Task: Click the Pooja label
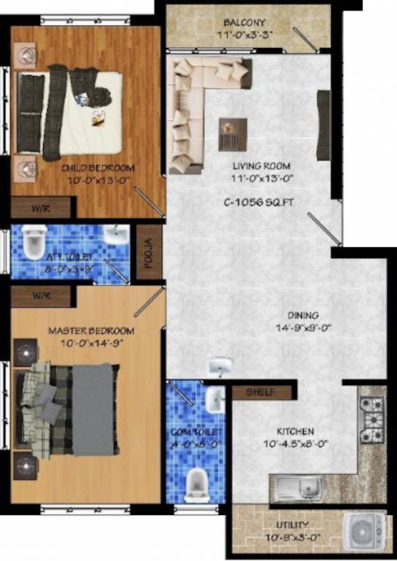pyautogui.click(x=147, y=252)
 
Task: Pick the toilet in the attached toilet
pyautogui.click(x=34, y=243)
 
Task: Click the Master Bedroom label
pyautogui.click(x=86, y=331)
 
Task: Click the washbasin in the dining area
pyautogui.click(x=219, y=366)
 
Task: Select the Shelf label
pyautogui.click(x=260, y=392)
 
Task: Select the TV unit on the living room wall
pyautogui.click(x=322, y=125)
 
